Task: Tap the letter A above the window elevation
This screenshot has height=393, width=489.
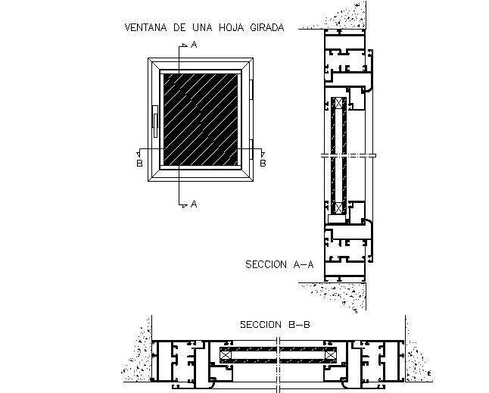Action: click(194, 46)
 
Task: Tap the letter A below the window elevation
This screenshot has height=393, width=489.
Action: click(194, 204)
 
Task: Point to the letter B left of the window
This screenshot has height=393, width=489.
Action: click(139, 162)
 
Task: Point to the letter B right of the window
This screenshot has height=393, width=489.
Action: click(263, 162)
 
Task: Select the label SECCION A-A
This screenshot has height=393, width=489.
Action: click(279, 265)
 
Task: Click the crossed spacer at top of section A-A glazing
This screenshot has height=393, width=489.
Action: click(338, 103)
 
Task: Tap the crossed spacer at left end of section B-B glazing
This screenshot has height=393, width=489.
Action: click(226, 354)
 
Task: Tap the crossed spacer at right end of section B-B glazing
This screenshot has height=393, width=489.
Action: click(330, 354)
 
